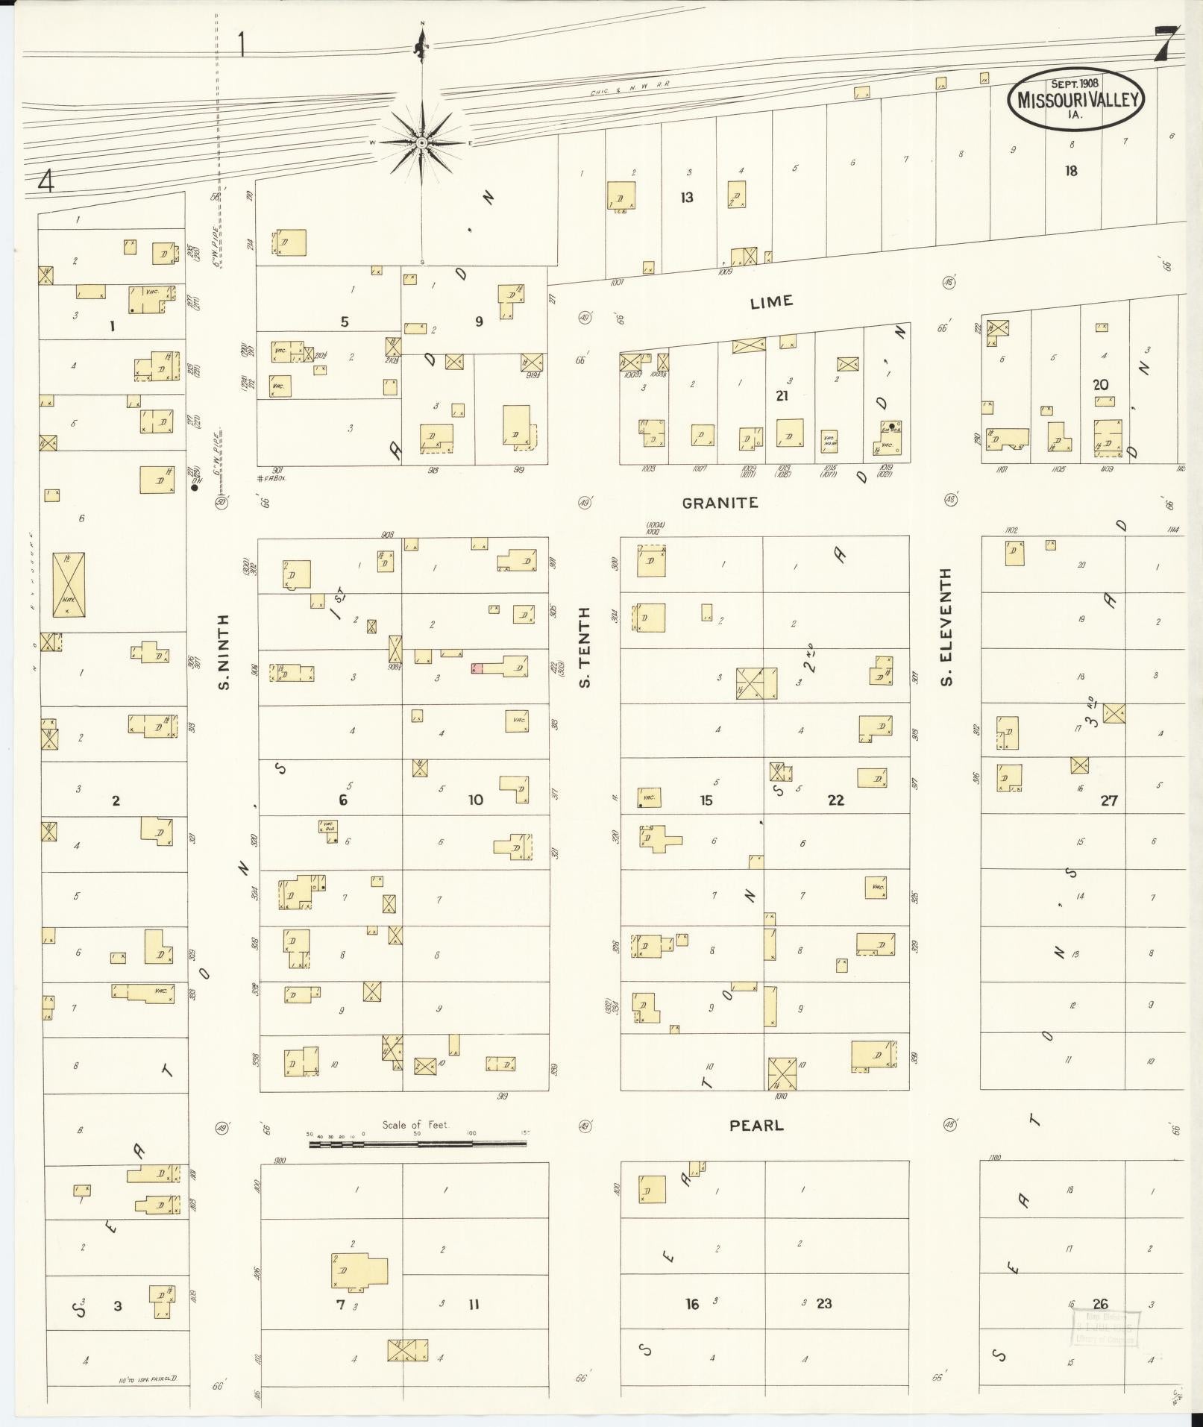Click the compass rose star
[421, 142]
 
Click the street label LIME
[771, 302]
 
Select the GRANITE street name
[720, 503]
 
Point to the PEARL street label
[756, 1125]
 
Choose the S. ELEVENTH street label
[946, 627]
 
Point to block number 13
[686, 198]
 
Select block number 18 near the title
[1071, 171]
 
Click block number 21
[781, 395]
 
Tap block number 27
[1109, 800]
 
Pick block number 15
[706, 800]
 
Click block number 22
[835, 800]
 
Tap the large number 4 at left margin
[47, 181]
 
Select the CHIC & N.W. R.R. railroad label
[629, 88]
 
